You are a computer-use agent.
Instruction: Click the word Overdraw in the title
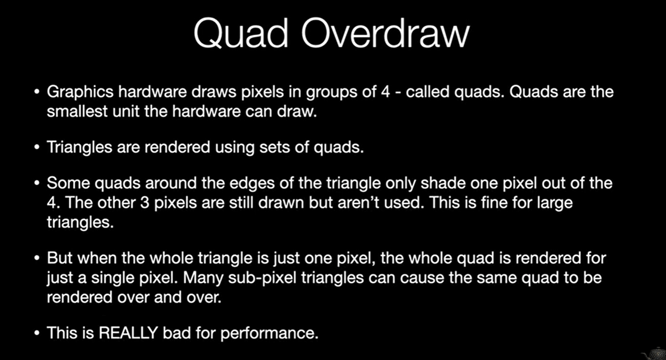click(x=386, y=34)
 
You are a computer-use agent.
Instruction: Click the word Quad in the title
click(x=241, y=34)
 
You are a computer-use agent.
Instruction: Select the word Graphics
click(x=80, y=92)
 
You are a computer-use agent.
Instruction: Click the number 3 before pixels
click(x=145, y=203)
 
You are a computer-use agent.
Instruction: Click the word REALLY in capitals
click(x=128, y=333)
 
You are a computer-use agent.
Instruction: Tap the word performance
click(x=269, y=334)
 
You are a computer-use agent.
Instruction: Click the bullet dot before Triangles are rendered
click(x=37, y=147)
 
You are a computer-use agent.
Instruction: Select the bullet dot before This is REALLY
click(x=37, y=333)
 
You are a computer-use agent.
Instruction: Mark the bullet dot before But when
click(x=37, y=258)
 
